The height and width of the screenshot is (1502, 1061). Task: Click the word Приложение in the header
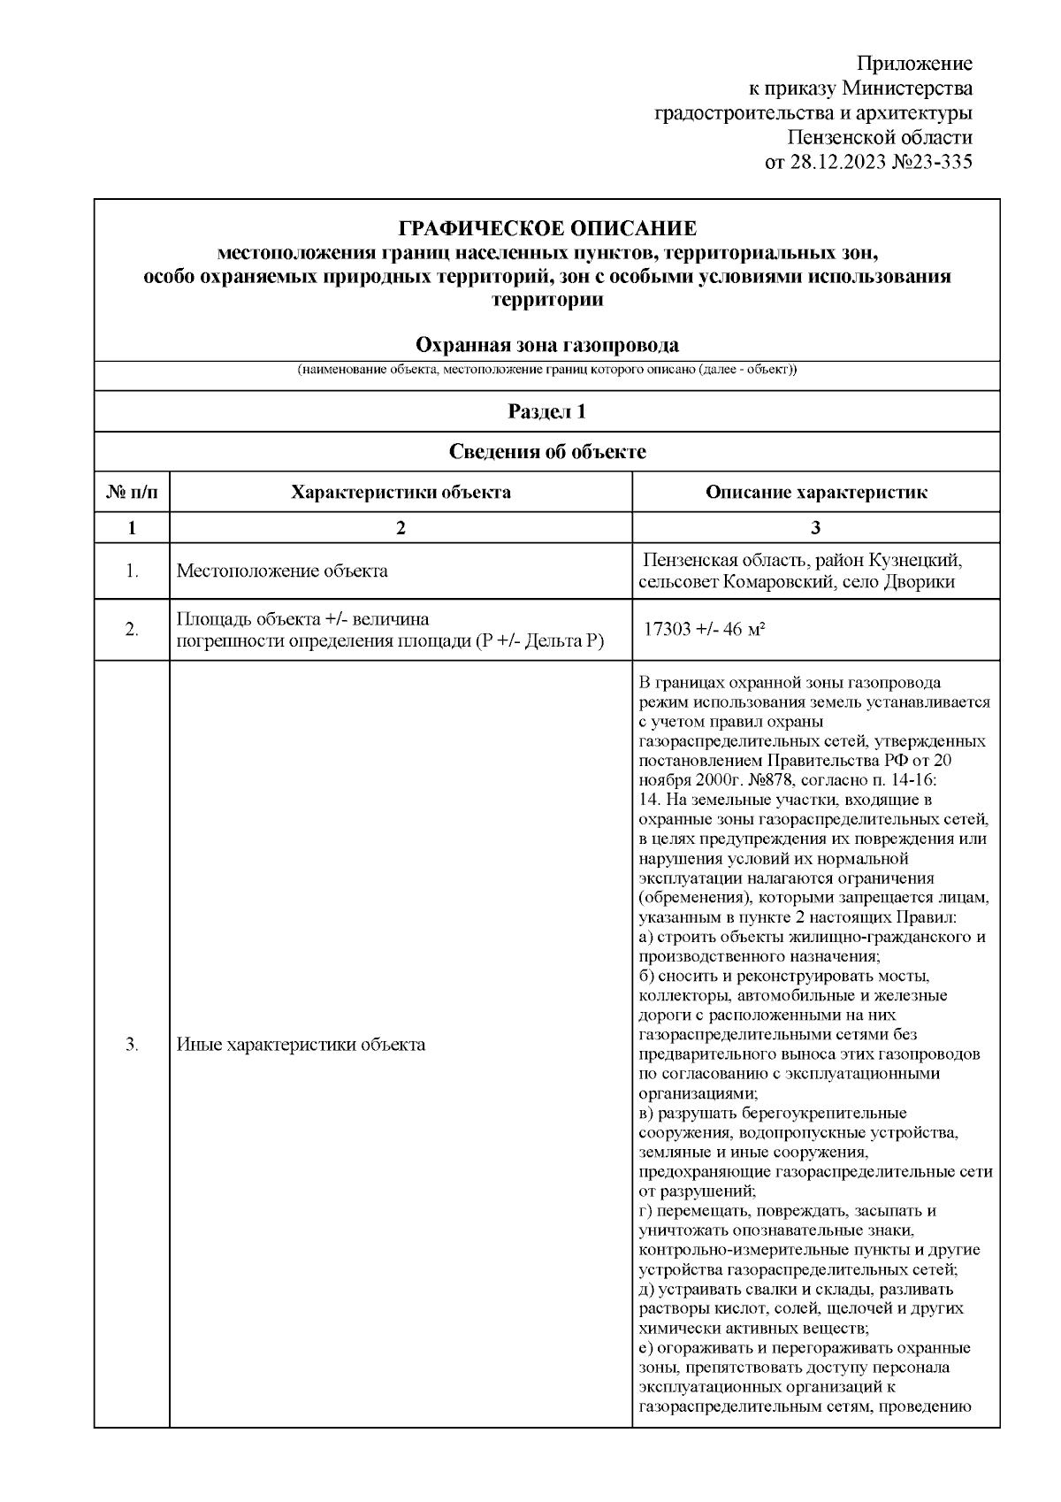915,64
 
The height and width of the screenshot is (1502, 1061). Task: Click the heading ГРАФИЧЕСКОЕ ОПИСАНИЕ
547,229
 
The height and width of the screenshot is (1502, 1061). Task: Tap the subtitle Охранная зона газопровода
547,345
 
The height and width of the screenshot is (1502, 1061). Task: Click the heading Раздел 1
547,411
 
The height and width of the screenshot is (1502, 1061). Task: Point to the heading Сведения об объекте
547,452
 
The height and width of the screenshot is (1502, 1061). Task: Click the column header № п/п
132,493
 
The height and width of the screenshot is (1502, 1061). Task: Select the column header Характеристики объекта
401,493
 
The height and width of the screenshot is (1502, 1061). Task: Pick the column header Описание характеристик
815,493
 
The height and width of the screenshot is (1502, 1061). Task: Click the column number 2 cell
401,528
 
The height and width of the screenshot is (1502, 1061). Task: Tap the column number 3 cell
815,528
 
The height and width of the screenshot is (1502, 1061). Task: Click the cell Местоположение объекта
282,571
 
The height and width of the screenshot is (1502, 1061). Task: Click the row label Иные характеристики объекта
301,1045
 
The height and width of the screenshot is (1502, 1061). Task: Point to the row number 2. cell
132,630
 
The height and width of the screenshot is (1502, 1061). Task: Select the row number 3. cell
132,1045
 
